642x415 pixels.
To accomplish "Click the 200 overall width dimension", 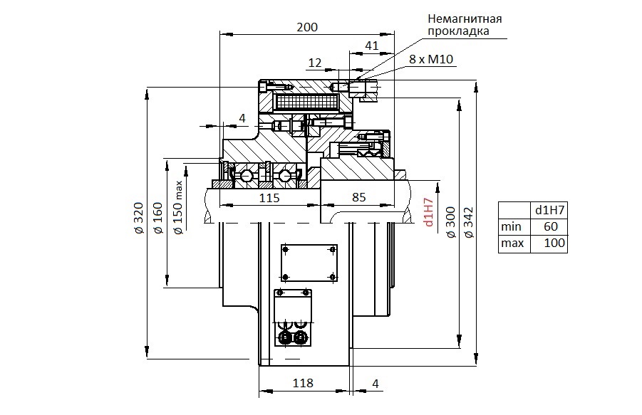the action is pyautogui.click(x=307, y=27).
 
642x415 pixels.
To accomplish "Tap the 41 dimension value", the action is pyautogui.click(x=372, y=46).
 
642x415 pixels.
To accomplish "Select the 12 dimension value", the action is pyautogui.click(x=315, y=63).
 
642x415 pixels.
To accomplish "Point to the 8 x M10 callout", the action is pyautogui.click(x=431, y=59).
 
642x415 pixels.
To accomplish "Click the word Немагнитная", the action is pyautogui.click(x=465, y=19).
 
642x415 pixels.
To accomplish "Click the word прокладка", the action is pyautogui.click(x=458, y=31).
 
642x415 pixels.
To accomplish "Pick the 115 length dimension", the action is pyautogui.click(x=269, y=198).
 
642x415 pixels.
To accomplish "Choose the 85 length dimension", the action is pyautogui.click(x=358, y=197).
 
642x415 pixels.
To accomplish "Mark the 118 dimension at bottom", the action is pyautogui.click(x=303, y=383).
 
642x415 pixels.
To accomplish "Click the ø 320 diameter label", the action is pyautogui.click(x=139, y=218).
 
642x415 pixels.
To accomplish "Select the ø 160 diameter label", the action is pyautogui.click(x=157, y=218).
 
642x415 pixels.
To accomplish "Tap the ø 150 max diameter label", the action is pyautogui.click(x=178, y=208).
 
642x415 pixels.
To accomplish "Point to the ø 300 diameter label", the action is pyautogui.click(x=450, y=222).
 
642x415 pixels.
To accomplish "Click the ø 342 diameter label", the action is pyautogui.click(x=469, y=222).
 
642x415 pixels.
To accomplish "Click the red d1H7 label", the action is pyautogui.click(x=429, y=212).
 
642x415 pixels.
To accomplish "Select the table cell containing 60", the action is pyautogui.click(x=549, y=226).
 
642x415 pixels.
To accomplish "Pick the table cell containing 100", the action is pyautogui.click(x=549, y=243).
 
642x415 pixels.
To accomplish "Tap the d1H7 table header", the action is pyautogui.click(x=549, y=210).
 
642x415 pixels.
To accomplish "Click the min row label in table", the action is pyautogui.click(x=514, y=226).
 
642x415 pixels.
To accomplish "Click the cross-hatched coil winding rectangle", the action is pyautogui.click(x=308, y=100).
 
